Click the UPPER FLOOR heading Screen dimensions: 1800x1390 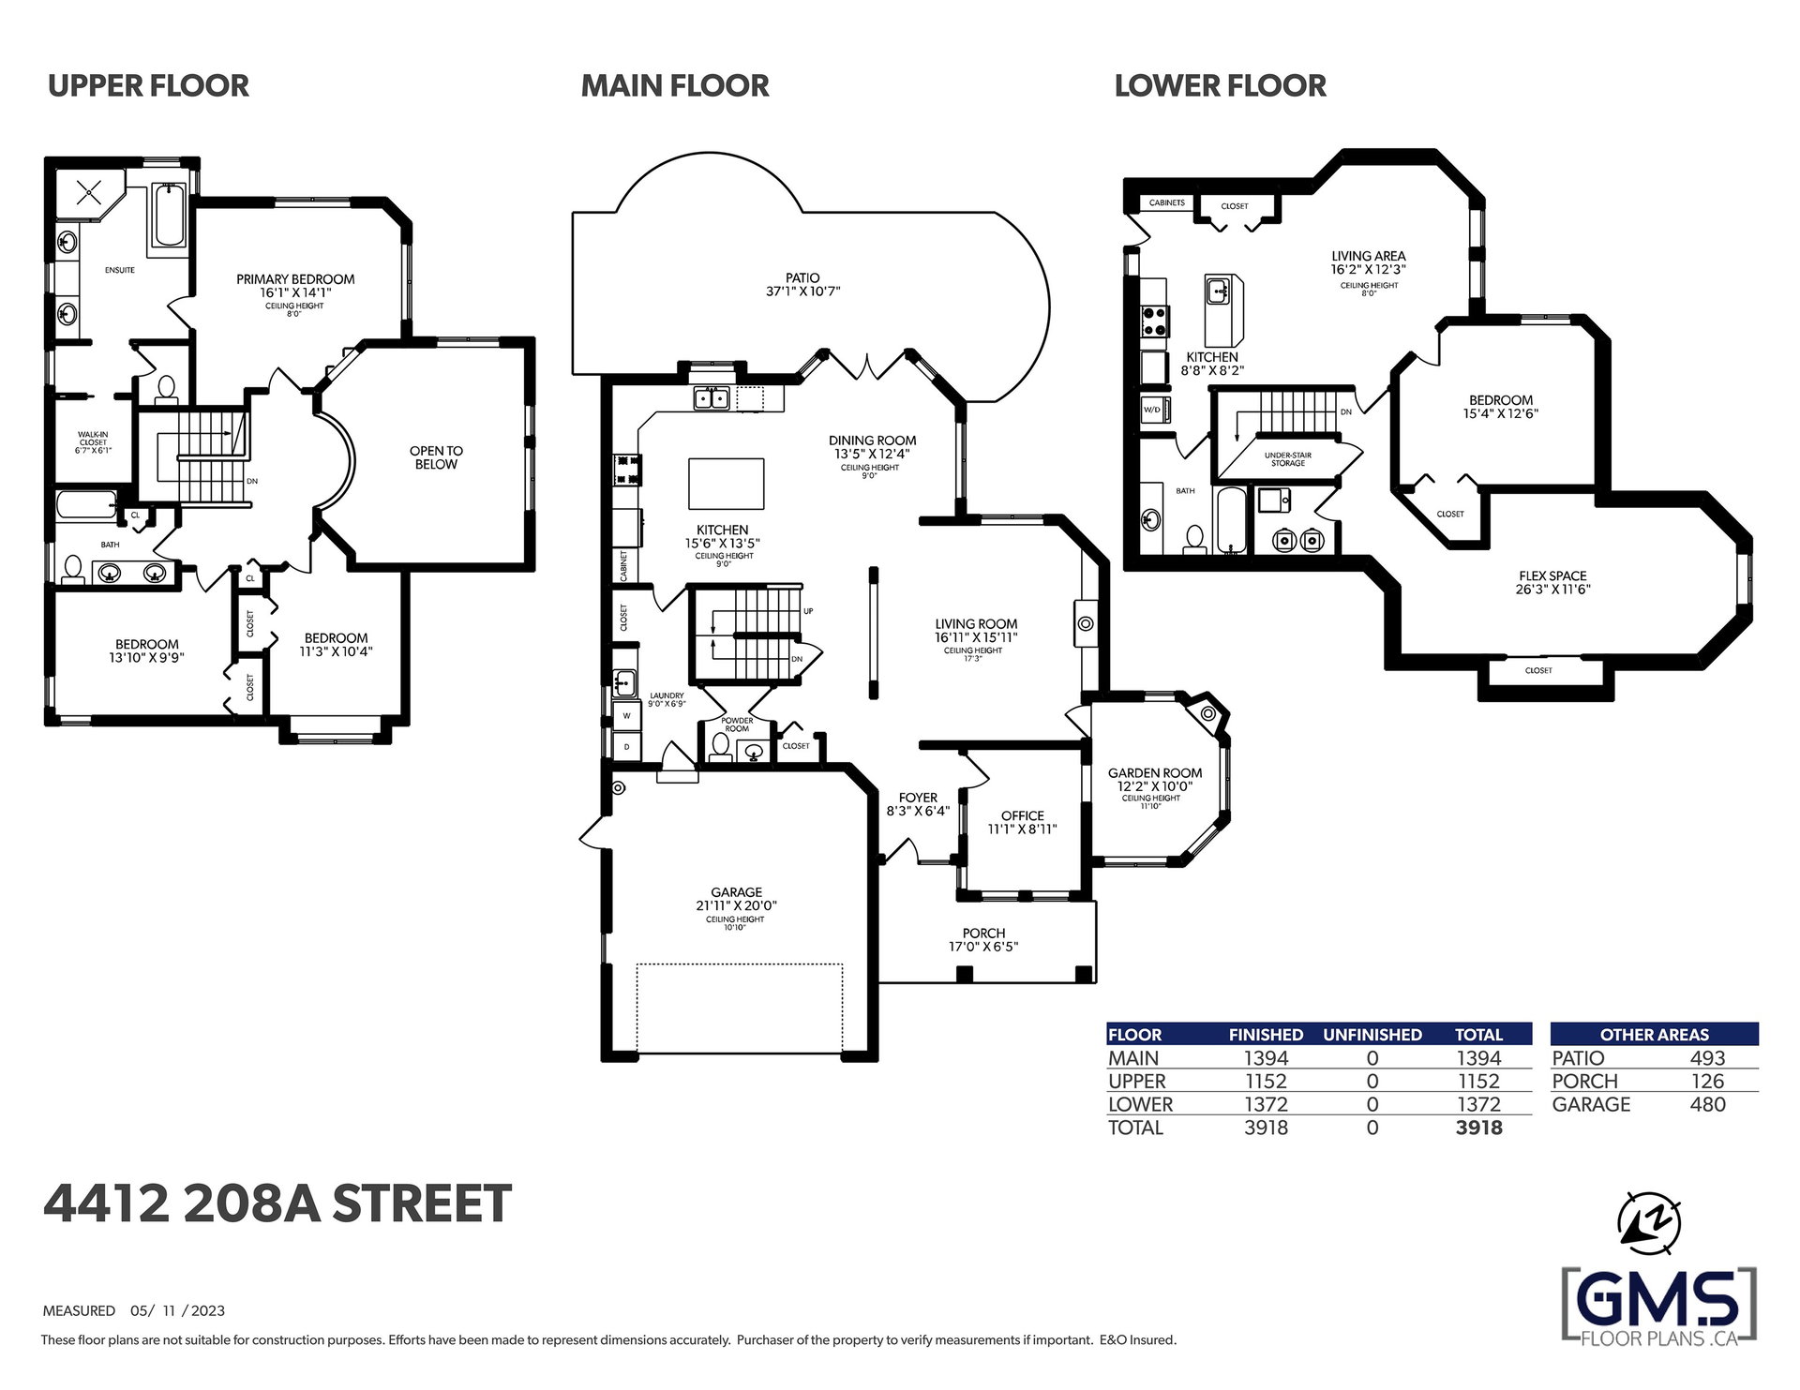coord(148,86)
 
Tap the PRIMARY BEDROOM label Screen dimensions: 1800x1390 coord(295,279)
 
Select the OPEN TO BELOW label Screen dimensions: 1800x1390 coord(436,457)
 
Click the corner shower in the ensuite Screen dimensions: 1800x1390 coord(90,194)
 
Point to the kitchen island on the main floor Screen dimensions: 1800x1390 coord(727,484)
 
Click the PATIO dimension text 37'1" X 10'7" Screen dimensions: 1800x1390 coord(802,291)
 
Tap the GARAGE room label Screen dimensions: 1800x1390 coord(736,892)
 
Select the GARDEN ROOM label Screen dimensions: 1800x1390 coord(1155,773)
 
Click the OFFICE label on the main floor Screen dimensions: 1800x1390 coord(1022,815)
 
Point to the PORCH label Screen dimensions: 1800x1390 coord(983,933)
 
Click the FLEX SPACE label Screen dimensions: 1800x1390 coord(1552,576)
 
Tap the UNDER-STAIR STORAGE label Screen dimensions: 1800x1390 coord(1288,459)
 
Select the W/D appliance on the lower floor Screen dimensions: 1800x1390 coord(1152,411)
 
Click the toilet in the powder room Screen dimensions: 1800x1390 coord(720,747)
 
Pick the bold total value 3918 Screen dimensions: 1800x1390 coord(1478,1128)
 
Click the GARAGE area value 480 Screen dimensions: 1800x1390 coord(1707,1104)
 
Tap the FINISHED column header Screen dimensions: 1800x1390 coord(1266,1035)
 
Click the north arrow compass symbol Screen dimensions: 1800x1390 coord(1650,1223)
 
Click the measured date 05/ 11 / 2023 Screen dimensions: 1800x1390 coord(177,1310)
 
